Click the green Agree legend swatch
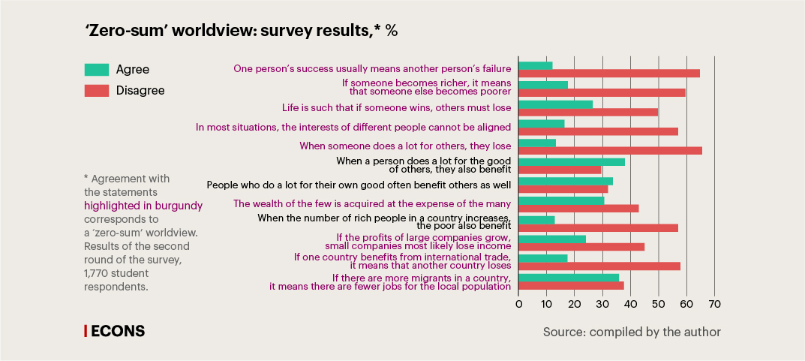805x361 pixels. [x=96, y=70]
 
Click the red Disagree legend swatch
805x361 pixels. [x=96, y=90]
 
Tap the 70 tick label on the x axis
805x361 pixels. [x=714, y=304]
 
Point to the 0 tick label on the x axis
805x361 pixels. [x=518, y=304]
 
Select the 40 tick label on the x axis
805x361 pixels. [x=630, y=304]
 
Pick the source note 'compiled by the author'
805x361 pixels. [x=632, y=332]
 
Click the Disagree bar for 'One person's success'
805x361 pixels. [x=608, y=74]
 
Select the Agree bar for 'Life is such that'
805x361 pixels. [x=555, y=104]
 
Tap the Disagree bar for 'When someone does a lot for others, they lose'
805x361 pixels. [x=610, y=150]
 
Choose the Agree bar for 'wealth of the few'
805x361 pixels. [x=561, y=200]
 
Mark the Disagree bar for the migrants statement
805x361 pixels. [x=571, y=285]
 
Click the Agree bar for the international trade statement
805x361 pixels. [x=543, y=258]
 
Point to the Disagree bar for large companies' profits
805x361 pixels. [x=581, y=247]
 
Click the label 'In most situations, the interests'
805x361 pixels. [x=353, y=128]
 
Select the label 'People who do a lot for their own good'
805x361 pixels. [x=359, y=185]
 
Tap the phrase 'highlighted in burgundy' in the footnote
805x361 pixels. [x=143, y=205]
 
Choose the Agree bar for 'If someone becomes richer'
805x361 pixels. [x=543, y=85]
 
